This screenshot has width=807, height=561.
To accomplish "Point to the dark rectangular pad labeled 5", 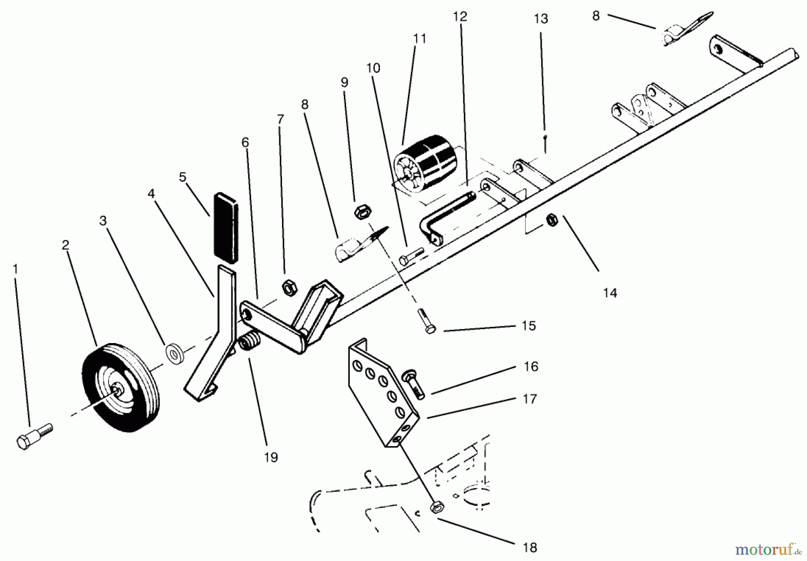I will pyautogui.click(x=226, y=227).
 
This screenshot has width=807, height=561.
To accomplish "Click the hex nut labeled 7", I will pyautogui.click(x=289, y=287).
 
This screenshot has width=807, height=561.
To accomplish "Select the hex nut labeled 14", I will pyautogui.click(x=551, y=220).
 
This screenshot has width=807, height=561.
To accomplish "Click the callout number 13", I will pyautogui.click(x=541, y=19).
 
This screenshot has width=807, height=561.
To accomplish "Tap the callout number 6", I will pyautogui.click(x=245, y=143).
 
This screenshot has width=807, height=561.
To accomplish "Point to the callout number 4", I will pyautogui.click(x=151, y=194).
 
